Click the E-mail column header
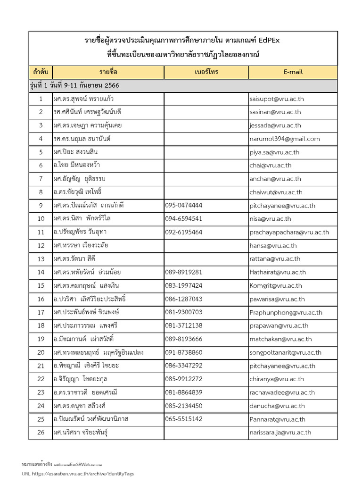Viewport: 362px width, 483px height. (293, 72)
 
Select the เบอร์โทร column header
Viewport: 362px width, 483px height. (206, 72)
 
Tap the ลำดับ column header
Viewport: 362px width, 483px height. (41, 72)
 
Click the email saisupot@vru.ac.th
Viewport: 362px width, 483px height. (275, 99)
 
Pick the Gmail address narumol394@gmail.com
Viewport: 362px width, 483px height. (285, 139)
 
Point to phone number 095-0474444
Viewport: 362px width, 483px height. (184, 206)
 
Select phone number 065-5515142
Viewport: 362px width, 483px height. (184, 419)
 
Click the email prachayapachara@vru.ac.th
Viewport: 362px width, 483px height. (289, 233)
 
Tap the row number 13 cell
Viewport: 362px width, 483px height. (41, 259)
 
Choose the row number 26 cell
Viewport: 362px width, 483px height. (41, 433)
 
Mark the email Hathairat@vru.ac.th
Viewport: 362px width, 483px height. (278, 272)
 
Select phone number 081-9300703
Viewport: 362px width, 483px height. (184, 312)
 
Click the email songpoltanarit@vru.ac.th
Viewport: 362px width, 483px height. (285, 352)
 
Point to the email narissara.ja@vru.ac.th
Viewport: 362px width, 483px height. (280, 433)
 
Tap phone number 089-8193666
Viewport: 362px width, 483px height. (184, 339)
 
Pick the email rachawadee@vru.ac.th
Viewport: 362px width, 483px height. (282, 392)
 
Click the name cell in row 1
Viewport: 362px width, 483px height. (83, 99)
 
